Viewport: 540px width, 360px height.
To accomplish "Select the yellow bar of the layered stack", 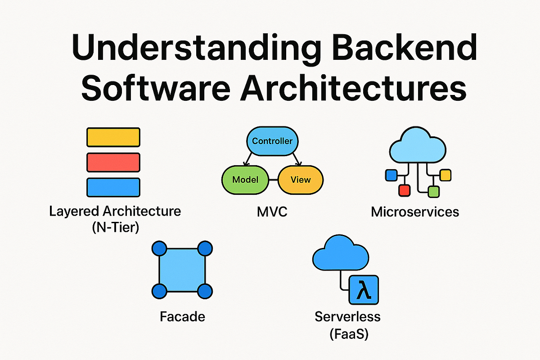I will pos(113,137).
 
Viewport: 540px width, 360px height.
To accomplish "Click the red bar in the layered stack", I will pos(113,162).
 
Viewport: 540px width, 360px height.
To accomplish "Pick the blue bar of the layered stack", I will pos(113,187).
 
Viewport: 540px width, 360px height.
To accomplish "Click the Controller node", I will pos(272,141).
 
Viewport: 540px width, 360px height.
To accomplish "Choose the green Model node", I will pos(245,180).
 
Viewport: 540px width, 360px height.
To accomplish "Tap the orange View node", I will pos(300,180).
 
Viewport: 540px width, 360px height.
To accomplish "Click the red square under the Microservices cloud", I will pos(404,190).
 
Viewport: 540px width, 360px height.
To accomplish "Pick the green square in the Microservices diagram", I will pos(433,192).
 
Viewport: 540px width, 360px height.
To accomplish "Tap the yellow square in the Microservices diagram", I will pos(445,175).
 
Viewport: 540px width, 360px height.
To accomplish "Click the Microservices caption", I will pos(415,211).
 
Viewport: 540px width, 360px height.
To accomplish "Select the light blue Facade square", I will pos(182,270).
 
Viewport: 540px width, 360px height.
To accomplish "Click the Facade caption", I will pos(182,316).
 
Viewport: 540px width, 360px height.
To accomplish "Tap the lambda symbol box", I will pos(364,290).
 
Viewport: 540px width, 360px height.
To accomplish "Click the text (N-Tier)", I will pos(115,227).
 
